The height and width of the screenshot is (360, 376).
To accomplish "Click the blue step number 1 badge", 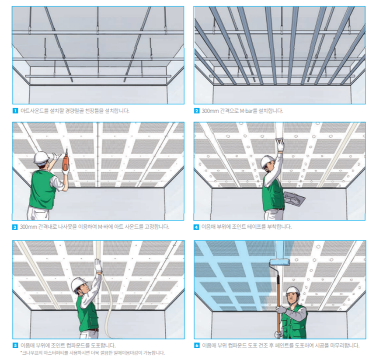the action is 15,111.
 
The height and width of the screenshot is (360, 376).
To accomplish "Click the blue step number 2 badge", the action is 197,111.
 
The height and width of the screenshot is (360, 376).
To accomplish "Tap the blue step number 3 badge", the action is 15,227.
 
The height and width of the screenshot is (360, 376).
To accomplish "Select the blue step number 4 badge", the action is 196,227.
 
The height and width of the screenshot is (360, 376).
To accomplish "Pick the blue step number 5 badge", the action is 15,346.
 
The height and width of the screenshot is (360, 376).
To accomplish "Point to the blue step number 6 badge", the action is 197,346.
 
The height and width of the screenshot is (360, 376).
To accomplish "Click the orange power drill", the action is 66,160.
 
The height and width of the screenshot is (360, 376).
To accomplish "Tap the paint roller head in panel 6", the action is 280,262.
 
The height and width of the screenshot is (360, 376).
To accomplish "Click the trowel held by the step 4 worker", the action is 294,198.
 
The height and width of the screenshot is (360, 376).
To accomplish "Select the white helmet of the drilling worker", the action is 41,157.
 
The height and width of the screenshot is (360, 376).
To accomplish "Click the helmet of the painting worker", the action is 293,291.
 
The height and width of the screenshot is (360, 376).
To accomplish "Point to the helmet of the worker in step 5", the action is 78,284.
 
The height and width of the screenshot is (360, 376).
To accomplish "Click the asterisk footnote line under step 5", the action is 93,353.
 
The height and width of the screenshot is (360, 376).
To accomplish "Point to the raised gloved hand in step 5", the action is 98,265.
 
